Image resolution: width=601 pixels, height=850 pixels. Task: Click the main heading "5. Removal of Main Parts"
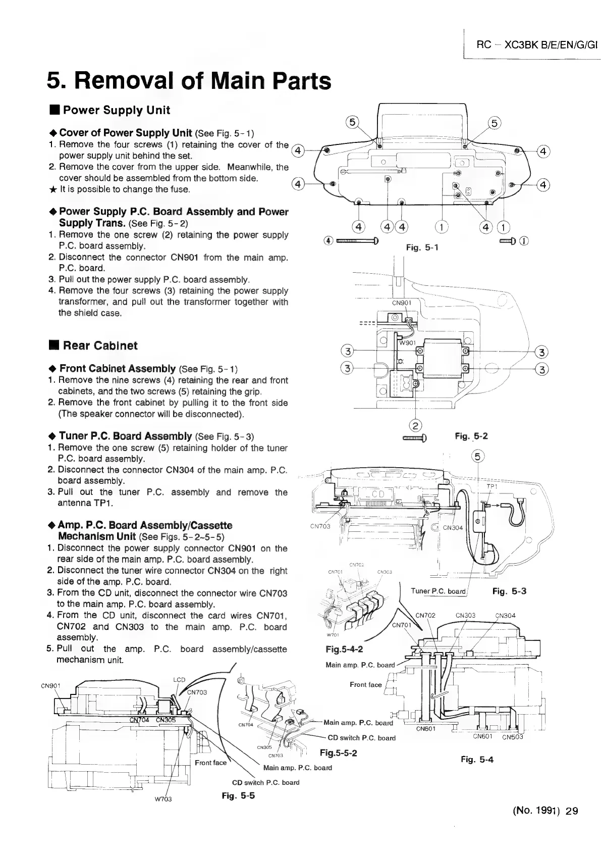click(189, 81)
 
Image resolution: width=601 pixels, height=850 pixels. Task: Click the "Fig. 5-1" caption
click(422, 247)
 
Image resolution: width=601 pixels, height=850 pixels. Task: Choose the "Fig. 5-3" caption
click(510, 591)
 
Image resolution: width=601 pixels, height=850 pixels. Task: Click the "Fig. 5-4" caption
click(477, 759)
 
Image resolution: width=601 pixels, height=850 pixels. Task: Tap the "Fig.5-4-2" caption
click(345, 649)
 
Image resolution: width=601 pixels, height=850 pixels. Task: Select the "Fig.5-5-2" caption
click(339, 753)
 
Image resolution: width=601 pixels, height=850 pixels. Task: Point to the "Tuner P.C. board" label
click(438, 591)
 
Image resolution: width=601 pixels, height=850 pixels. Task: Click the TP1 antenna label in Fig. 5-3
click(492, 486)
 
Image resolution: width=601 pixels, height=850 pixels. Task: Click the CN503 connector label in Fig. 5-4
click(513, 736)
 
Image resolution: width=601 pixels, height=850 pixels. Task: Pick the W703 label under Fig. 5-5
click(162, 799)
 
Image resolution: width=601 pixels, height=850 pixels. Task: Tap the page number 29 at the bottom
click(572, 812)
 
